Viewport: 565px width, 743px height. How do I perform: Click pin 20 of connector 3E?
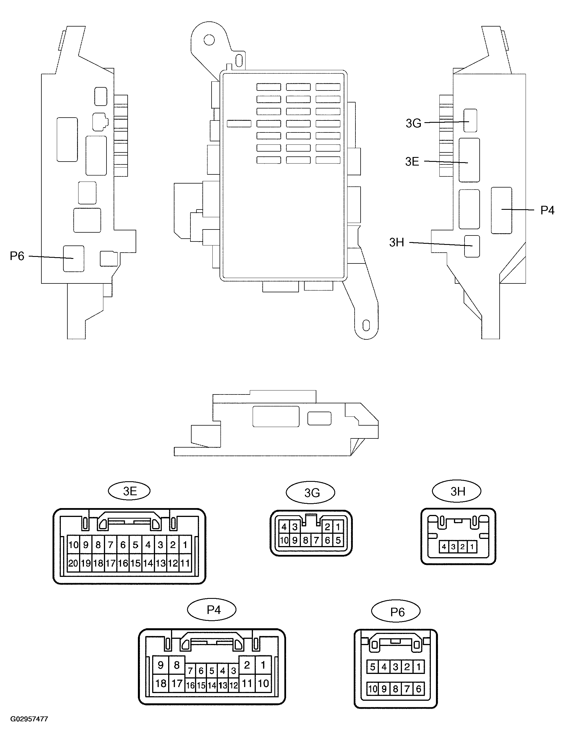tap(73, 563)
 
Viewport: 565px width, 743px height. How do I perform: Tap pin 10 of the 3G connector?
tap(284, 540)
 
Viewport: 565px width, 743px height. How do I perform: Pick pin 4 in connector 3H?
tap(444, 547)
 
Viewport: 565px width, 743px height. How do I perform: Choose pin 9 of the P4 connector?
tap(161, 665)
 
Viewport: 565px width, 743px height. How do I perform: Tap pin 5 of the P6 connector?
tap(373, 667)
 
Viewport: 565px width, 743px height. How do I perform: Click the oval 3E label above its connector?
tap(129, 491)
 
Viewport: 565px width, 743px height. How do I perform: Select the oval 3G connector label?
tap(310, 493)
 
